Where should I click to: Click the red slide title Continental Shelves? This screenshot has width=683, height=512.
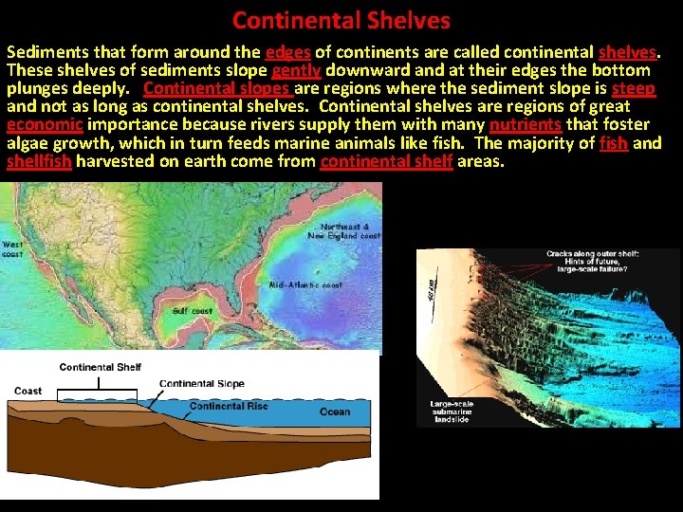tap(341, 19)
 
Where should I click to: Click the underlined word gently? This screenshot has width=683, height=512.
tap(296, 70)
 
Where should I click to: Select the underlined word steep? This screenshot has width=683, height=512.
tap(634, 88)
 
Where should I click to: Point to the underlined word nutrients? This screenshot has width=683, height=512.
tap(526, 124)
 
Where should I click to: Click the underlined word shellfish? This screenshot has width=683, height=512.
tap(39, 161)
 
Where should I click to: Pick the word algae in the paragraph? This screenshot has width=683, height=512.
tap(28, 143)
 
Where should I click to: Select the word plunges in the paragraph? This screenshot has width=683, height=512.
tap(38, 88)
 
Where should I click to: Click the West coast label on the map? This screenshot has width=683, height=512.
tap(13, 248)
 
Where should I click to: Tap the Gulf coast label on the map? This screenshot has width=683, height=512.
tap(193, 310)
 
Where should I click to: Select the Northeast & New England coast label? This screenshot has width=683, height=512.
tap(349, 231)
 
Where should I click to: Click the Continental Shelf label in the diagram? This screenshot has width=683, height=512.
tap(101, 367)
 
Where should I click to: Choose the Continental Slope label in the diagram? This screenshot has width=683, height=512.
tap(201, 384)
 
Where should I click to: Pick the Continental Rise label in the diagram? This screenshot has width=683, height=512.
tap(229, 406)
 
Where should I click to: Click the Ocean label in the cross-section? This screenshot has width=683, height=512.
tap(334, 411)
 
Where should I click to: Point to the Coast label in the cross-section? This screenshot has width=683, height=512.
tap(28, 391)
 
